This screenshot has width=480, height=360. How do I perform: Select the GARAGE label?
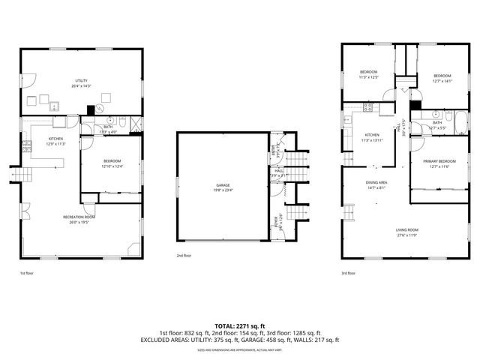point(222,184)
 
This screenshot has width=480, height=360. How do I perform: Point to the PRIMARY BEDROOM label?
point(439,161)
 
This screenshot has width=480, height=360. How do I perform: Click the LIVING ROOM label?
point(407,229)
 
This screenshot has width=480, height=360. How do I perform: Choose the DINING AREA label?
point(376,182)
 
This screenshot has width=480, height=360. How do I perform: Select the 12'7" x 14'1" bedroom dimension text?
point(442,81)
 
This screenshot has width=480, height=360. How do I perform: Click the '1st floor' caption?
point(27,274)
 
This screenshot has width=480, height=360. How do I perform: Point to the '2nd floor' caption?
point(184,256)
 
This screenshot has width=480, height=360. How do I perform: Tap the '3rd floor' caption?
point(348,274)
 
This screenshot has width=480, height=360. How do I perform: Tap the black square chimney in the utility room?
point(90,109)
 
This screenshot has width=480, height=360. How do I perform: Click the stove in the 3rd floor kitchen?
point(367,108)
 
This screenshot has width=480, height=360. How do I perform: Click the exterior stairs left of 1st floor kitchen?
point(23,175)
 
